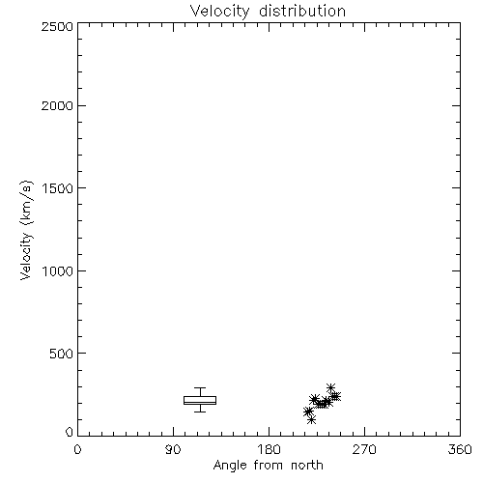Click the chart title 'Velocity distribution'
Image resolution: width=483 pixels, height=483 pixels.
[x=268, y=11]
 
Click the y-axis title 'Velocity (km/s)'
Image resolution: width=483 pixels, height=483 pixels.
[x=26, y=230]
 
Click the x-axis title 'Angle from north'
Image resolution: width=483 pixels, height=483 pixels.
[x=268, y=466]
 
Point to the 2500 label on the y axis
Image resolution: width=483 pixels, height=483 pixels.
[x=57, y=26]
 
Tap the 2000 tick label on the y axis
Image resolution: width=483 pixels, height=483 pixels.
[x=57, y=105]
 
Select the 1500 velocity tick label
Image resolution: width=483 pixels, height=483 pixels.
[x=58, y=188]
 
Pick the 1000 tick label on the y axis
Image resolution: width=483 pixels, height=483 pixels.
[x=58, y=270]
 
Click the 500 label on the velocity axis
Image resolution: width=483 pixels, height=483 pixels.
[x=62, y=354]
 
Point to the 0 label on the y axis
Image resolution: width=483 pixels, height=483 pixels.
[x=70, y=432]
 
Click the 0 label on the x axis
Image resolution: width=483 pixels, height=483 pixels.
[x=77, y=449]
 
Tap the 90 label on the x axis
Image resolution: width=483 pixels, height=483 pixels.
[x=173, y=449]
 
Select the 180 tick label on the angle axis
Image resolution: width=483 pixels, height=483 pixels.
[x=269, y=449]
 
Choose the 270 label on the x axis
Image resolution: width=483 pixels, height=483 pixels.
[x=364, y=449]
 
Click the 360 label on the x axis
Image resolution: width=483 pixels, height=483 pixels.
[x=460, y=449]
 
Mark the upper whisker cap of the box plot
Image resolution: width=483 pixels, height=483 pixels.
[x=200, y=387]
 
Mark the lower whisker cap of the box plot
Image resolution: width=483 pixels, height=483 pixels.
[x=200, y=412]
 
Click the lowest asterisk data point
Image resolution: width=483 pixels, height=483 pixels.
[x=311, y=420]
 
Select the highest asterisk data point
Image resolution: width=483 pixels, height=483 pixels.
[x=330, y=387]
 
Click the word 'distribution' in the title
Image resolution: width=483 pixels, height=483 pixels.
[x=302, y=11]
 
